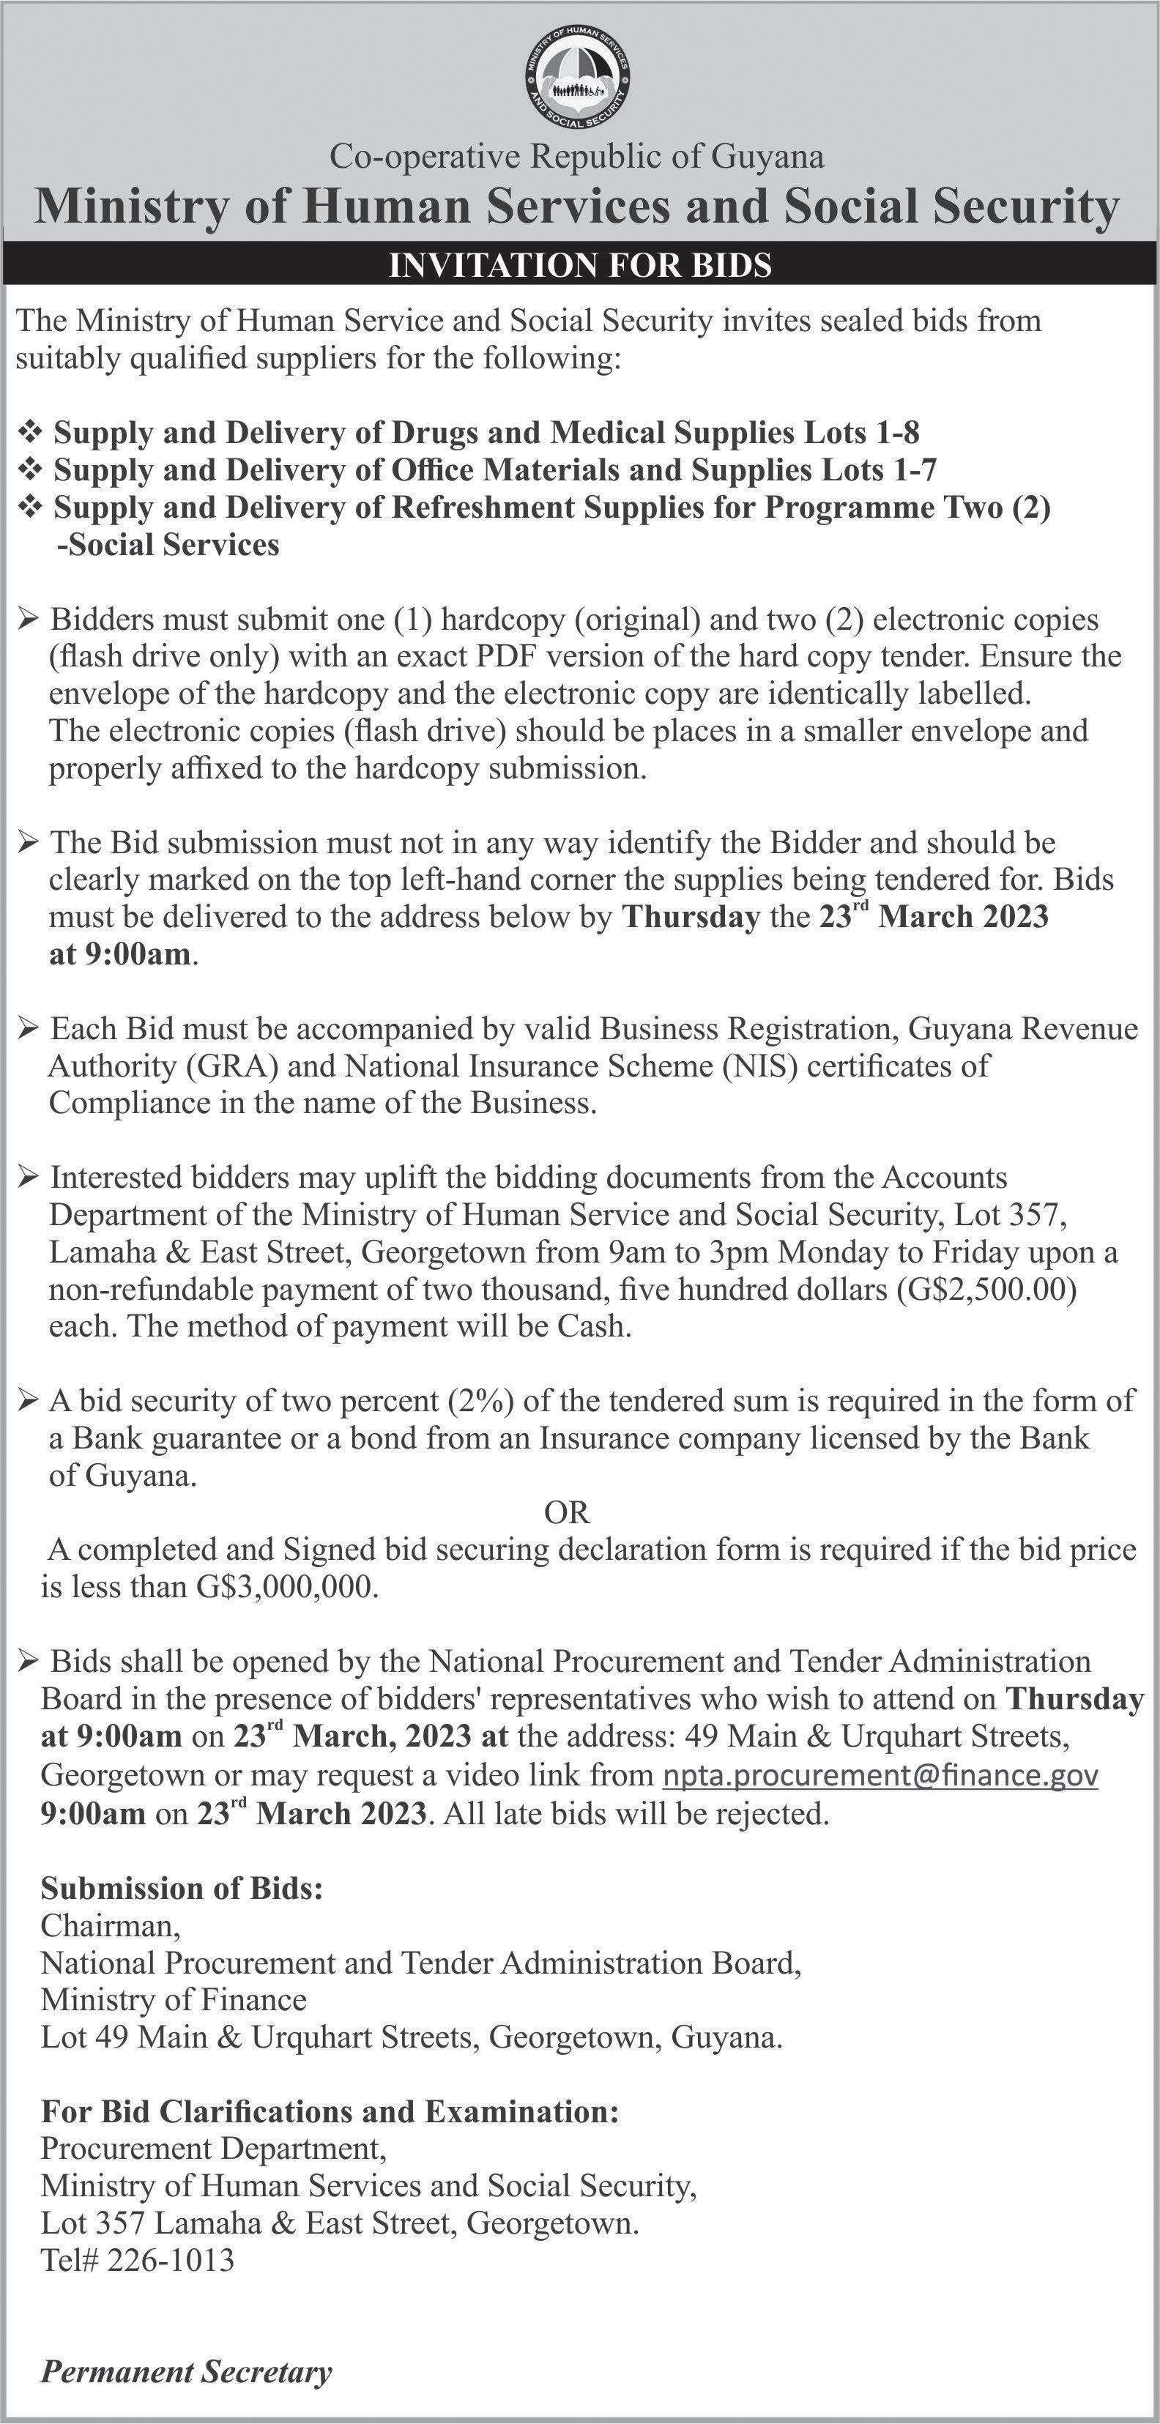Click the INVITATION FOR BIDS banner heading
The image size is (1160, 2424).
579,265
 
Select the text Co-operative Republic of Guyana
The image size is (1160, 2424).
577,156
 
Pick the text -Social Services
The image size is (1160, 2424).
168,545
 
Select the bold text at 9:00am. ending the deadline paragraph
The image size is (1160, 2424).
122,955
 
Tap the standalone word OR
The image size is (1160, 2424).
568,1512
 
